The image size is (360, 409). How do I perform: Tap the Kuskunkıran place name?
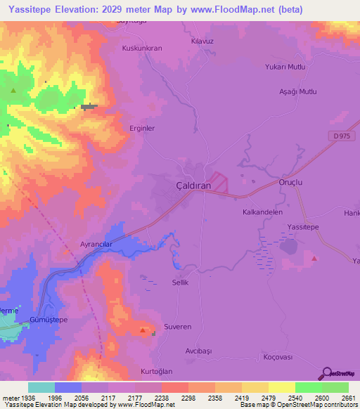point(142,48)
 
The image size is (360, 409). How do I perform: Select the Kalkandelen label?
point(262,212)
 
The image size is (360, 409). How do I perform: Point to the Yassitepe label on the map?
point(304,227)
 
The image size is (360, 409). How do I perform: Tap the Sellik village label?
point(181,282)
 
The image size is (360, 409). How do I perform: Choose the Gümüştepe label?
point(49,320)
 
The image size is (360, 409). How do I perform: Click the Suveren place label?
point(177,327)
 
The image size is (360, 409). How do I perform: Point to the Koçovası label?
point(277,357)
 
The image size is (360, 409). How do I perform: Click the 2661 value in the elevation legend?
point(349,397)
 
